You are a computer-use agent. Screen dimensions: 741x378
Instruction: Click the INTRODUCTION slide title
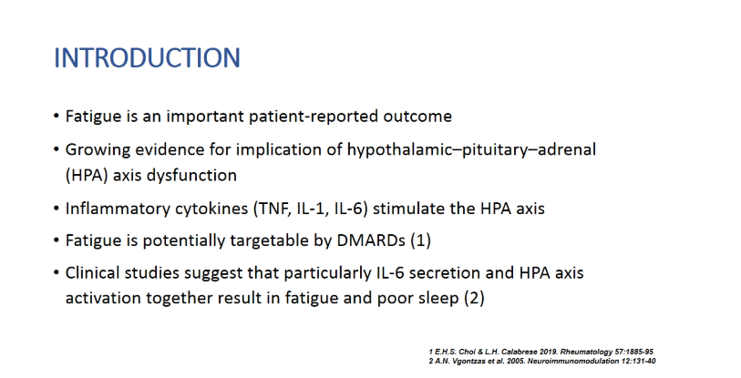pyautogui.click(x=148, y=58)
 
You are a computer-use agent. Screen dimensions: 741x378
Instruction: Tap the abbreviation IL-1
pyautogui.click(x=313, y=209)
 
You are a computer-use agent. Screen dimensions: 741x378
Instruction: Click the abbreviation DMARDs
pyautogui.click(x=371, y=240)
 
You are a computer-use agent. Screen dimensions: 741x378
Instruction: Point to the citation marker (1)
pyautogui.click(x=420, y=240)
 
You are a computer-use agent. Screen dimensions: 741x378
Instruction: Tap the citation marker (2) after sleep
pyautogui.click(x=474, y=298)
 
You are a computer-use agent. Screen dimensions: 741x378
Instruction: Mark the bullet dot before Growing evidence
pyautogui.click(x=57, y=150)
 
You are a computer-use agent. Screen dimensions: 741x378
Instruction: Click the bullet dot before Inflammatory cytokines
pyautogui.click(x=57, y=209)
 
